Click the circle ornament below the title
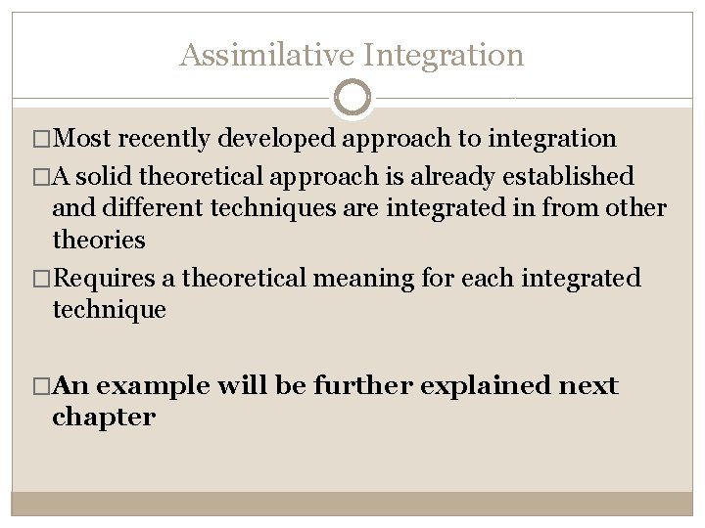tap(352, 98)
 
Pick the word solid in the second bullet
tap(106, 177)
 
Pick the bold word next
tap(588, 386)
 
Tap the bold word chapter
tap(103, 418)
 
